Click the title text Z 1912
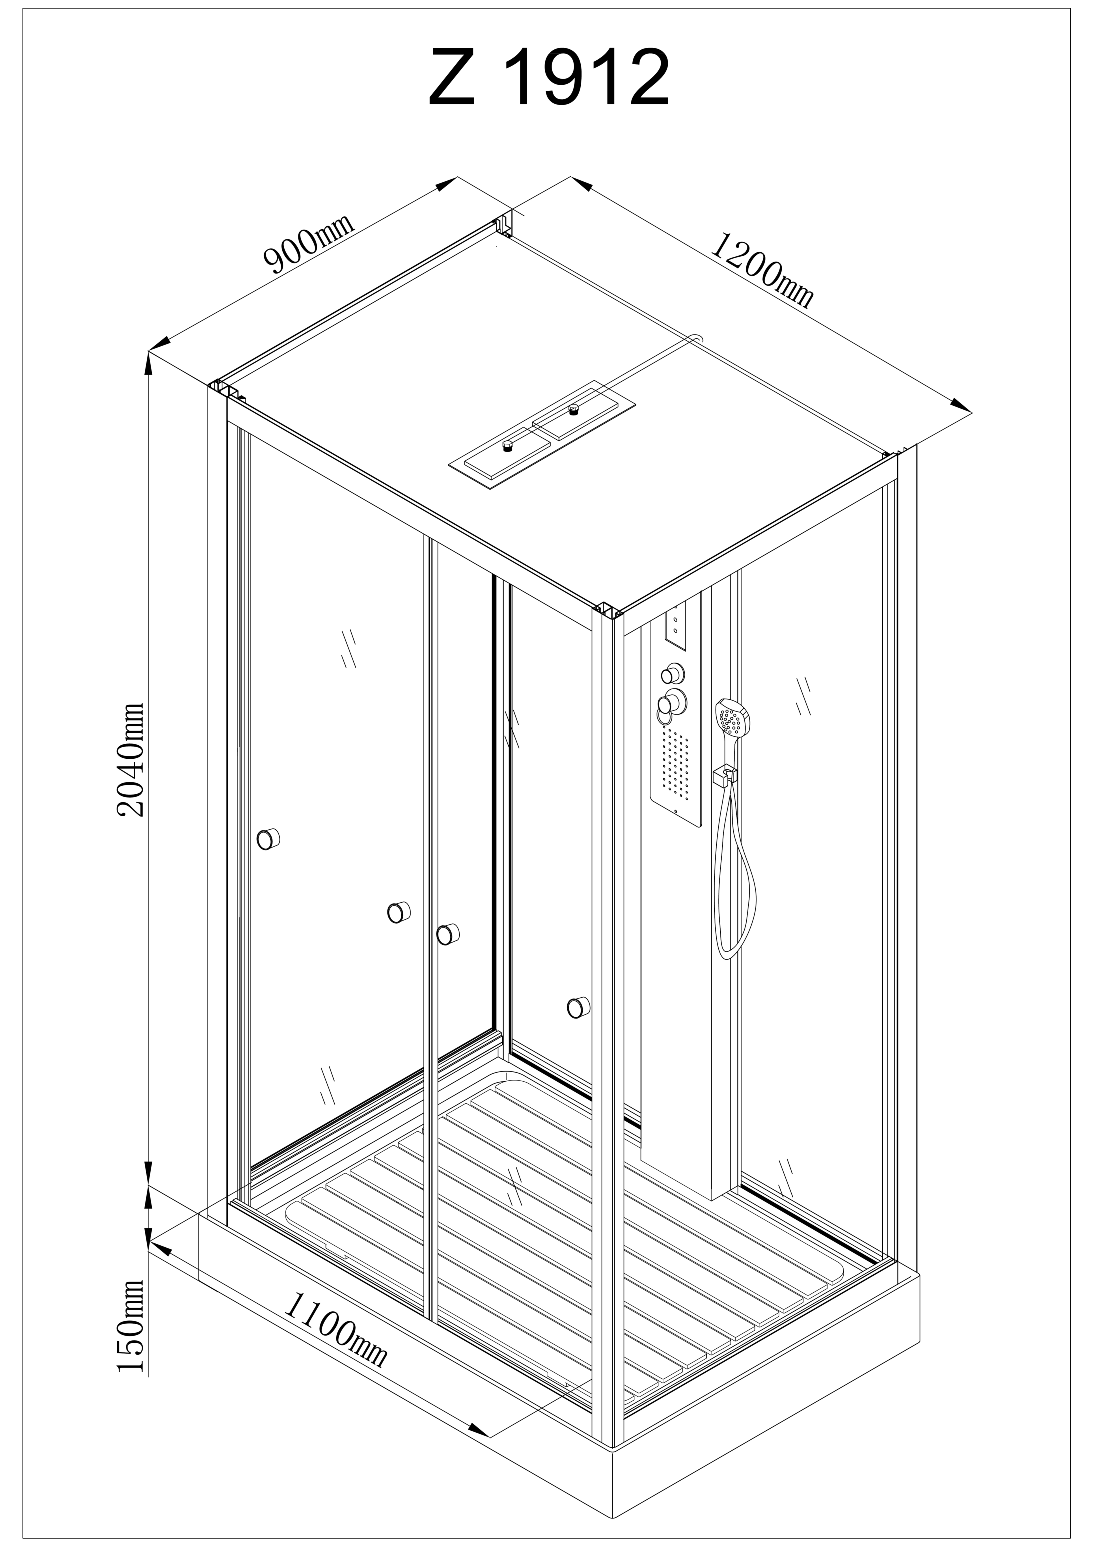click(549, 77)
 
